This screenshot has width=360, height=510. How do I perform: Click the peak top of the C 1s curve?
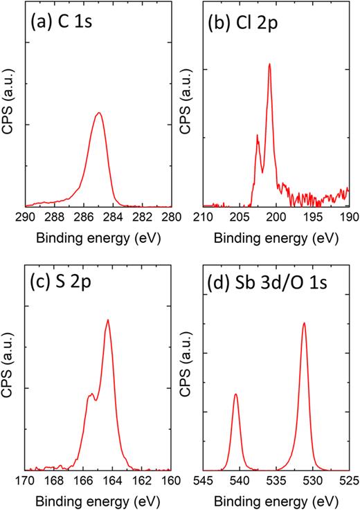point(98,113)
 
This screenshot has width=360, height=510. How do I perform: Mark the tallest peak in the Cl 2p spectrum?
point(269,64)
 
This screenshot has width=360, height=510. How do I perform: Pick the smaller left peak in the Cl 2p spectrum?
point(258,136)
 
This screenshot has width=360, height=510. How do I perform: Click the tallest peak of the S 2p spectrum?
point(108,320)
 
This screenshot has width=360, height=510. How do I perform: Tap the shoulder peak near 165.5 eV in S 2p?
point(90,394)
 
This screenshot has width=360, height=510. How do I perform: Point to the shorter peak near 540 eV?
point(236,394)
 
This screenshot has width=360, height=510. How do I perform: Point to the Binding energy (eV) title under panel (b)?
point(276,235)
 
